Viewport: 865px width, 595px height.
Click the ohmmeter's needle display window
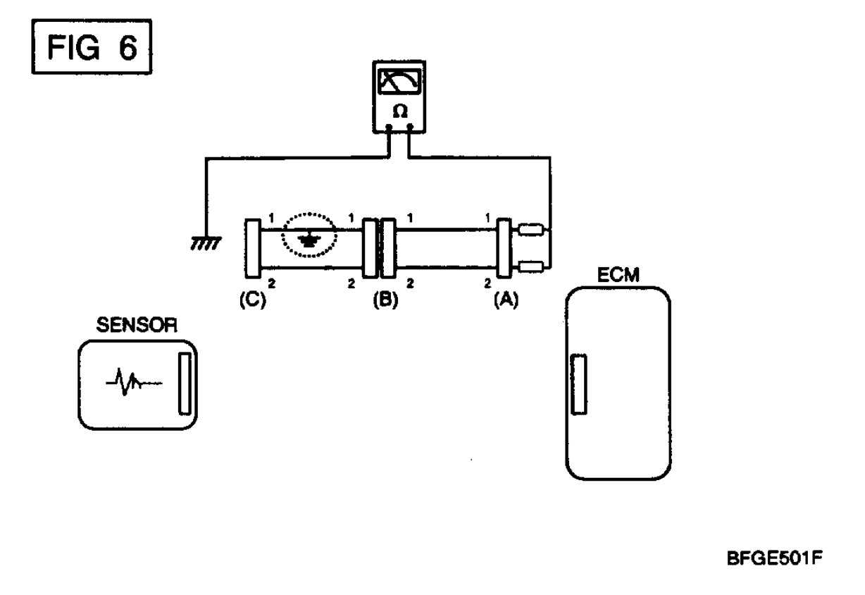(399, 82)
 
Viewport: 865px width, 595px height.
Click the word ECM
(618, 276)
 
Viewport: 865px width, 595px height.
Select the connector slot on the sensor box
(185, 384)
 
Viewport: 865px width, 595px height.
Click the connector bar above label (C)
(251, 248)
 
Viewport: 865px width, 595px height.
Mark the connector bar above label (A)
(504, 248)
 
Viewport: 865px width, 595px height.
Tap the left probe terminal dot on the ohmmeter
(389, 128)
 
